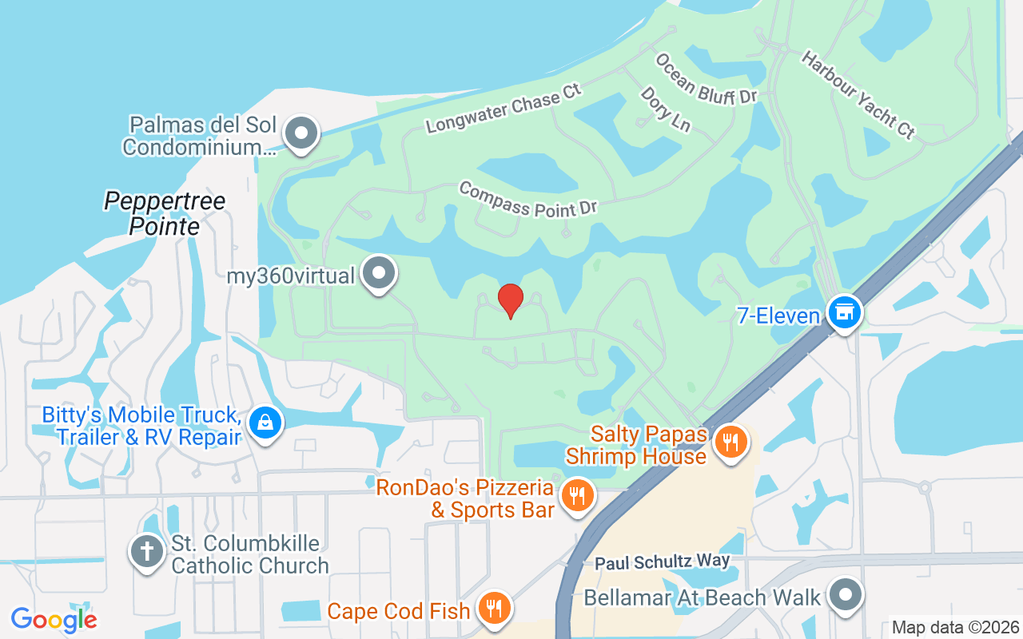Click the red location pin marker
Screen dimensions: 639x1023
[x=510, y=300]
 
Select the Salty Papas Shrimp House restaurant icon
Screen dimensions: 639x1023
[x=730, y=442]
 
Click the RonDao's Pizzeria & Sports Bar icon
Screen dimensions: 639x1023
[x=575, y=496]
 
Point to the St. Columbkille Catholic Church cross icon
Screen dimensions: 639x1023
[x=148, y=552]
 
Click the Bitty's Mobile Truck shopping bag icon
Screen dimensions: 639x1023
[x=265, y=423]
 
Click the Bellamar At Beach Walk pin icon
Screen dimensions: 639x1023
[x=846, y=596]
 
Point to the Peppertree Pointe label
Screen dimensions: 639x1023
[x=165, y=213]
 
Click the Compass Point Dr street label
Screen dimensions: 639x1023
[x=528, y=199]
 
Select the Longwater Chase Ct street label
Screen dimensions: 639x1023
[x=504, y=108]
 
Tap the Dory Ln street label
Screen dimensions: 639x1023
[x=665, y=109]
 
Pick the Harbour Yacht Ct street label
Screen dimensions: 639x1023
[x=858, y=94]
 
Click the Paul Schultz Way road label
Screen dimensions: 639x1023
[x=663, y=562]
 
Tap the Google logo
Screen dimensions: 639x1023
[x=54, y=619]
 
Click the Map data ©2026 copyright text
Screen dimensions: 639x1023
[x=955, y=627]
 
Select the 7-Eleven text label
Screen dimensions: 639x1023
[x=778, y=316]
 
